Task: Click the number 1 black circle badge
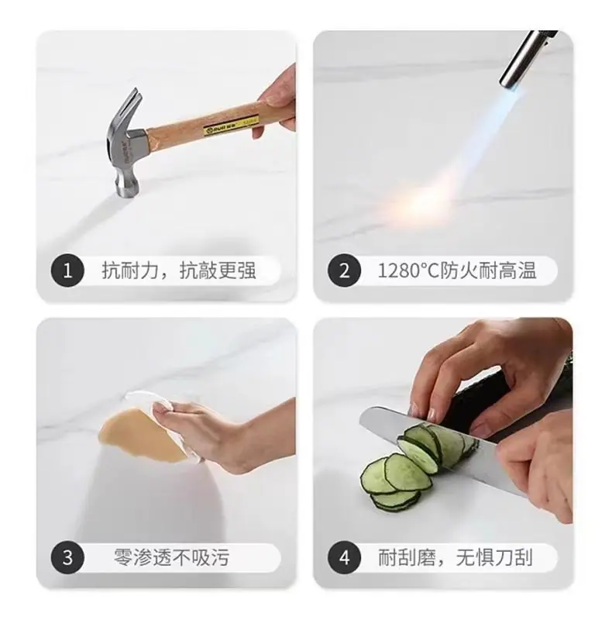coord(67,271)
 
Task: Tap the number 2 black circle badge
coord(344,271)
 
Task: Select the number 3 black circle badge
coord(67,558)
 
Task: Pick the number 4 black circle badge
coord(344,558)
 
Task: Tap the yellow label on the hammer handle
coord(231,126)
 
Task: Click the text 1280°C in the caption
coord(408,271)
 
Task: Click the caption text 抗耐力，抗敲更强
coord(178,271)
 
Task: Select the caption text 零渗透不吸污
coord(171,558)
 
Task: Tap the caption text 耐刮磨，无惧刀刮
coord(456,558)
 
